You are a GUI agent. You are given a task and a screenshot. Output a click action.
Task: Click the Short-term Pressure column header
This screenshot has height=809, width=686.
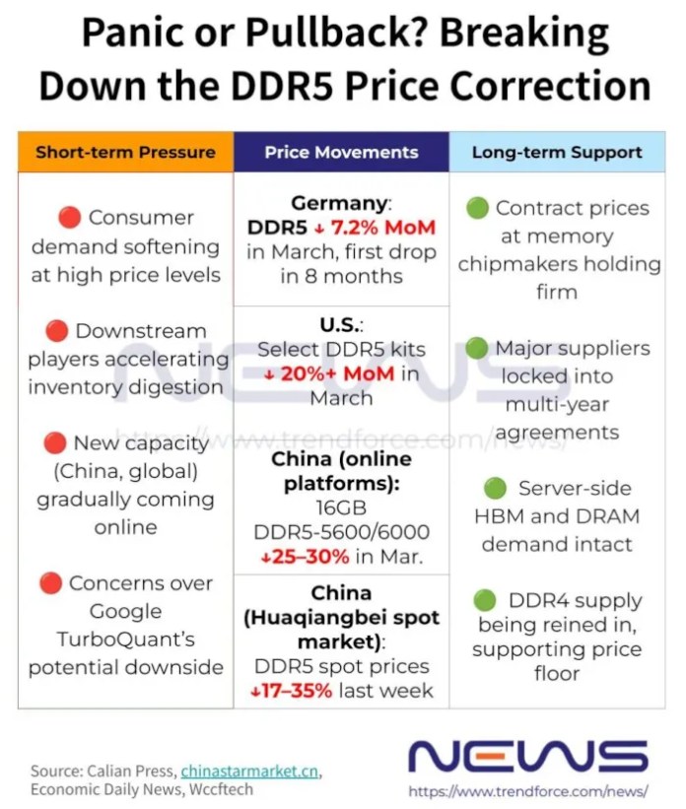[125, 153]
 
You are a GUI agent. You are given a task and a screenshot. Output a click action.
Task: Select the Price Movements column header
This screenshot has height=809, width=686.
[341, 153]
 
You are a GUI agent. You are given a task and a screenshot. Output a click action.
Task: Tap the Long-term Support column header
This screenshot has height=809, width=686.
[557, 153]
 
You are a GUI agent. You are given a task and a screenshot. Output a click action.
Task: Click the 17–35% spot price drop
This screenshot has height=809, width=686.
[293, 691]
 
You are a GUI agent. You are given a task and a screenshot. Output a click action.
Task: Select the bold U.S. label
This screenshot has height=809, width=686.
[341, 324]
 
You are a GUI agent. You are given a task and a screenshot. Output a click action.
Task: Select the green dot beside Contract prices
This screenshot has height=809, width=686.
[477, 209]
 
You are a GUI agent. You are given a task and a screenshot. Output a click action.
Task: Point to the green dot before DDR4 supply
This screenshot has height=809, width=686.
[484, 600]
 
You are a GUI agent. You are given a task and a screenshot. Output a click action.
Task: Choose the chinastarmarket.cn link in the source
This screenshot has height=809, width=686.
[250, 771]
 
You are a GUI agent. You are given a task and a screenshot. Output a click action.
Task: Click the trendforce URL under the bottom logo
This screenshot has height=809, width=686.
[527, 791]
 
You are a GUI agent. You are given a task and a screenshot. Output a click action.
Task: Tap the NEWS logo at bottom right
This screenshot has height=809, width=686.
[527, 756]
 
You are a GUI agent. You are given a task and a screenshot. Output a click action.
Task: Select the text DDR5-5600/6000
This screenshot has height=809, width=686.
[341, 532]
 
